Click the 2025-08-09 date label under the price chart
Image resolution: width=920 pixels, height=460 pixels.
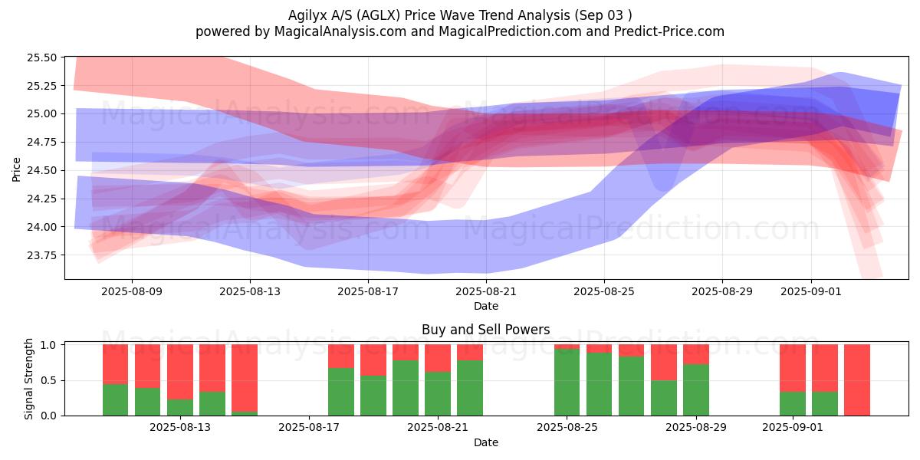coord(132,291)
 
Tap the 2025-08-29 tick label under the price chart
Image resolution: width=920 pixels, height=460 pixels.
coord(722,291)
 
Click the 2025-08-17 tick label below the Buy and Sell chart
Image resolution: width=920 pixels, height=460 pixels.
coord(309,427)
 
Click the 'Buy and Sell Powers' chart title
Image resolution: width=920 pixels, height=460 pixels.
coord(485,330)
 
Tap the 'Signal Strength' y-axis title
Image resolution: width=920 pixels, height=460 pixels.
coord(29,379)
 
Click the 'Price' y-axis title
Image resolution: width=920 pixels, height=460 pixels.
coord(17,168)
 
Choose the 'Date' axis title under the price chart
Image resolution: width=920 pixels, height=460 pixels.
coord(485,306)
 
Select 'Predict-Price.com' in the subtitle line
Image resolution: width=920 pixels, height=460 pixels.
coord(671,31)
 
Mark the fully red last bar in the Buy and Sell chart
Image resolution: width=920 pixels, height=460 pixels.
coord(857,379)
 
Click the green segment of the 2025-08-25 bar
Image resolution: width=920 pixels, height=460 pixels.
coord(567,382)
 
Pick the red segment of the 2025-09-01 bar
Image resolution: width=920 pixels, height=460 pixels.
coord(793,368)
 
